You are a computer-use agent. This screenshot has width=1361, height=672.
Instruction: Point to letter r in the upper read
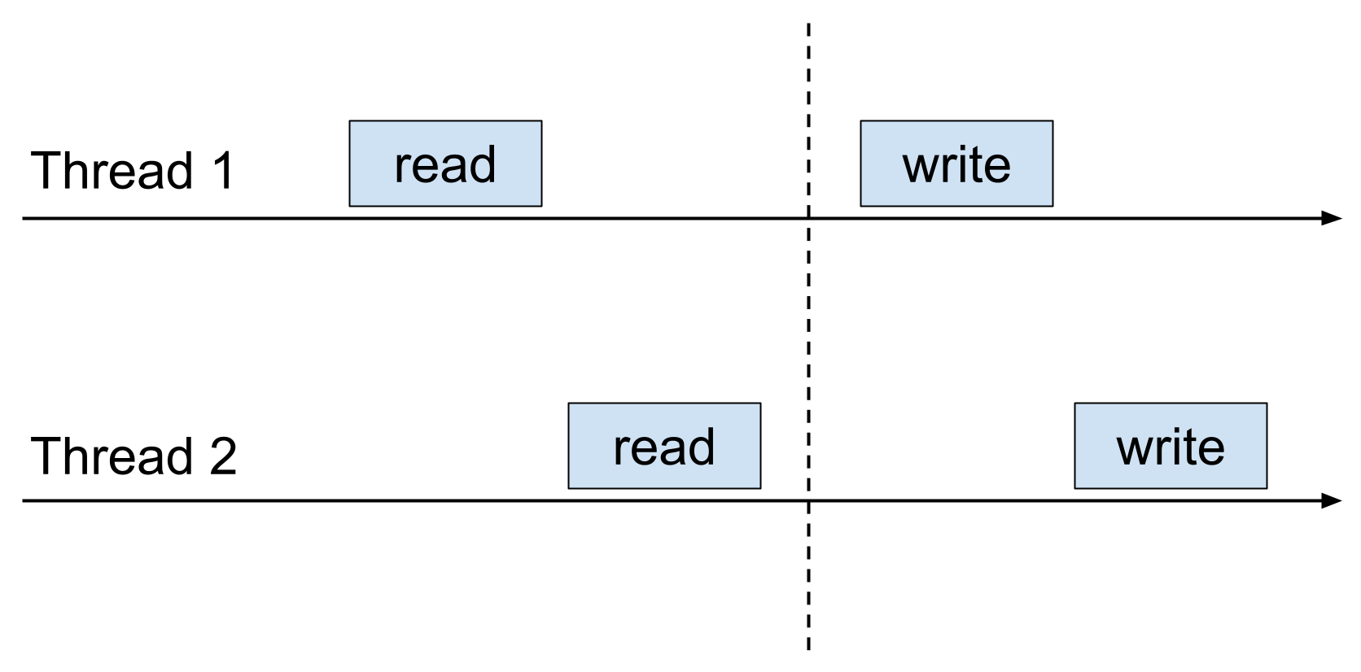click(x=402, y=168)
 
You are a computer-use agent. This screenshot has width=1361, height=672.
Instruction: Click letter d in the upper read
click(x=481, y=165)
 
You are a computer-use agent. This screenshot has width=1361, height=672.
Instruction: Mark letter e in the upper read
click(x=426, y=168)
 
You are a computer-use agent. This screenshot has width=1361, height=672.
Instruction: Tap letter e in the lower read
click(x=645, y=450)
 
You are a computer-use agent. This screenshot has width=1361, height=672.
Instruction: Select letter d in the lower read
click(x=700, y=447)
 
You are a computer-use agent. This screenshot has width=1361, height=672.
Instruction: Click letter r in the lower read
click(x=621, y=450)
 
